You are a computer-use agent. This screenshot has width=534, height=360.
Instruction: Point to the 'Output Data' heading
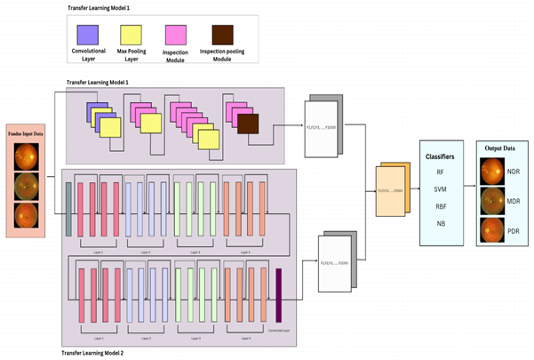(x=495, y=146)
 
